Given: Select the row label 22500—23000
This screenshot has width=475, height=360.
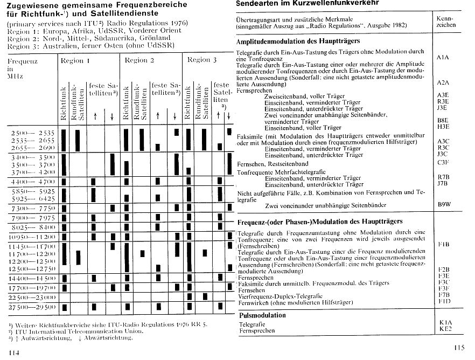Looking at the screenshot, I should pyautogui.click(x=32, y=297).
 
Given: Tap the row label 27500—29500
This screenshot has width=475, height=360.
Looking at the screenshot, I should pyautogui.click(x=32, y=307).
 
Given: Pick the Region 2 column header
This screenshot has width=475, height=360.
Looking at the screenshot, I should pyautogui.click(x=139, y=60).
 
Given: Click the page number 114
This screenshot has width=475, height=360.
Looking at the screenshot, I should pyautogui.click(x=14, y=352).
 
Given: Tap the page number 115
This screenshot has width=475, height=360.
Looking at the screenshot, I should pyautogui.click(x=459, y=348).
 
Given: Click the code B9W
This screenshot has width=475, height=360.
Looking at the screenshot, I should pyautogui.click(x=444, y=205).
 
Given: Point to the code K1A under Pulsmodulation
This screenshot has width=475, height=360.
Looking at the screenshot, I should pyautogui.click(x=445, y=322).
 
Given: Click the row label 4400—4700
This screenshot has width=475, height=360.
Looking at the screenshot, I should pyautogui.click(x=32, y=182).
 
